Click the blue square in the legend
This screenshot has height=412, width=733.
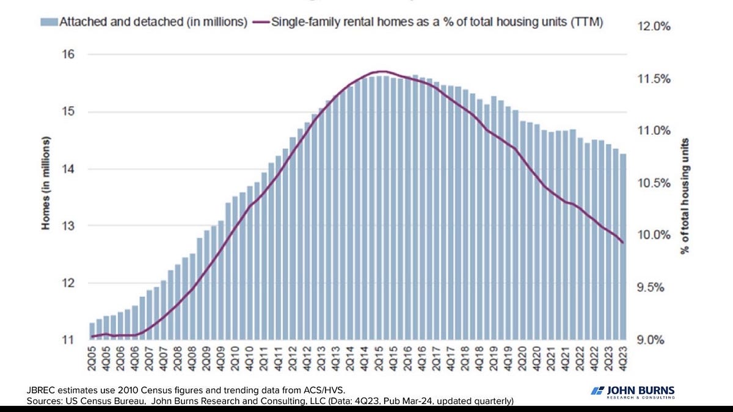pos(48,23)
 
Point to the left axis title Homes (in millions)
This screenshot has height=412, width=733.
pos(45,184)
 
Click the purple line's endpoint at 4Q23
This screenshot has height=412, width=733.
pos(623,243)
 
